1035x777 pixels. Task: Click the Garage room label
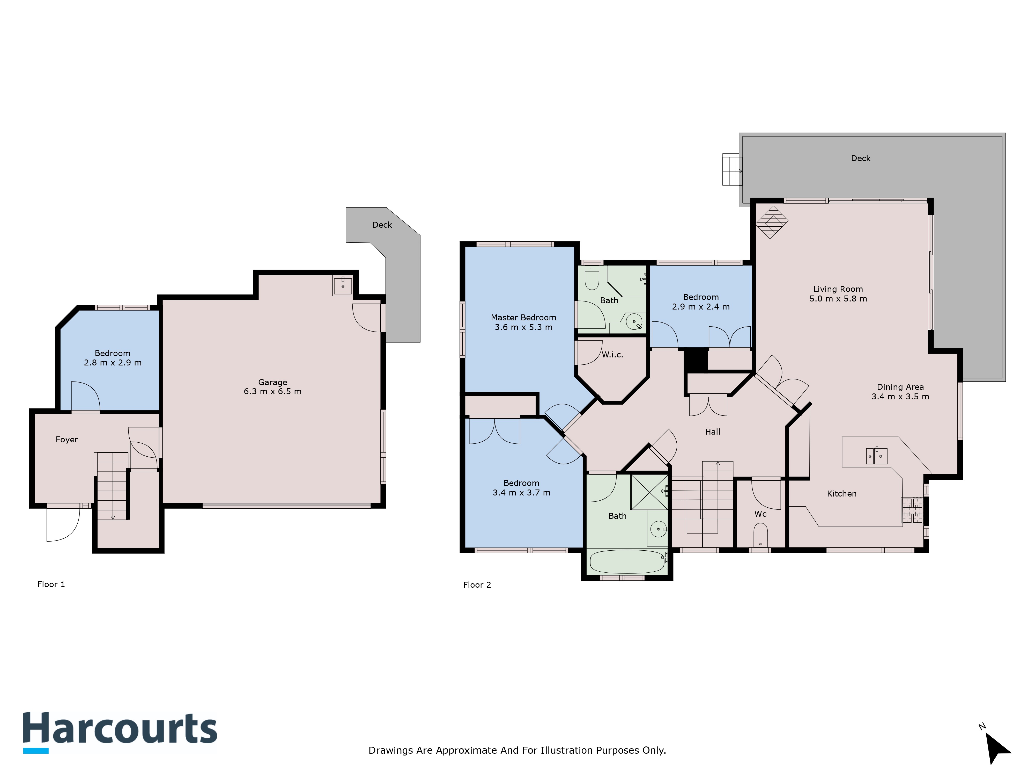click(x=273, y=382)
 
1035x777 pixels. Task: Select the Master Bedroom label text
click(x=524, y=318)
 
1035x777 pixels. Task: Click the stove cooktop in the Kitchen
click(x=912, y=510)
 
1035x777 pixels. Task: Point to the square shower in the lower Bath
click(x=649, y=492)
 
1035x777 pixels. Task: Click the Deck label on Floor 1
click(x=382, y=225)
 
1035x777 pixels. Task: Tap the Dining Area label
click(x=900, y=387)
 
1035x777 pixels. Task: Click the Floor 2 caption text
click(x=477, y=585)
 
